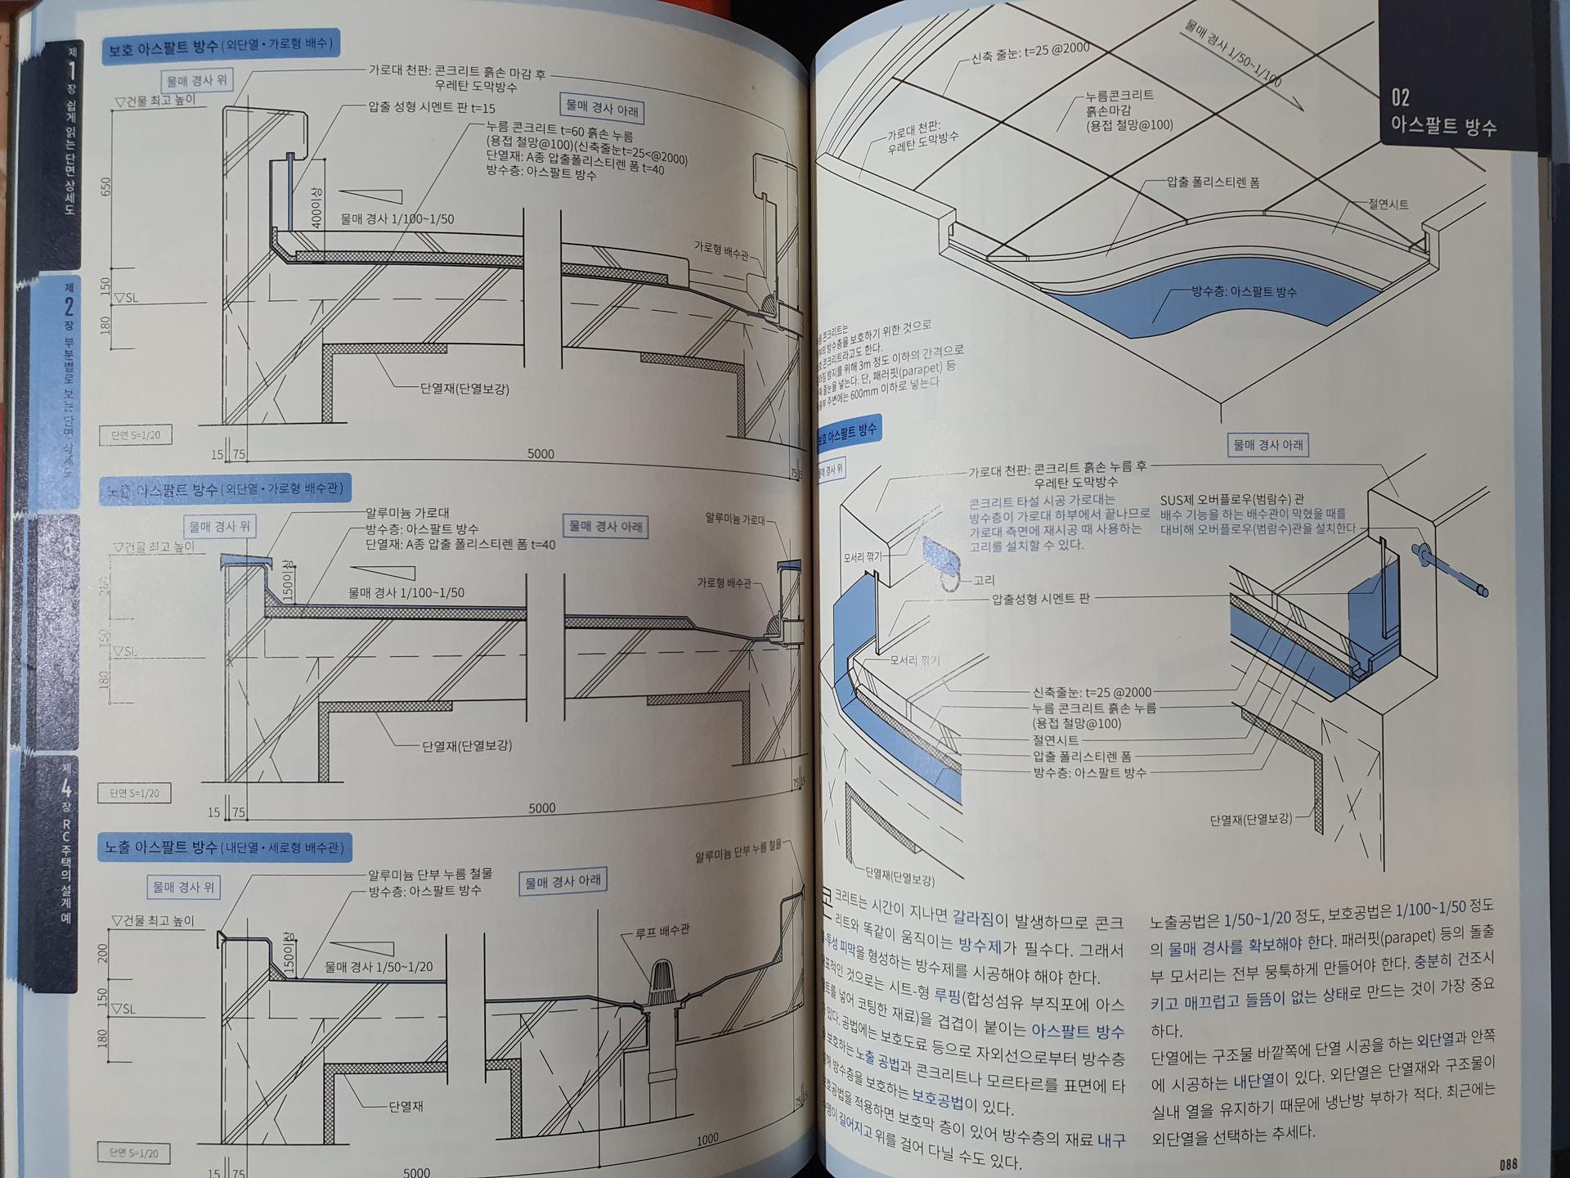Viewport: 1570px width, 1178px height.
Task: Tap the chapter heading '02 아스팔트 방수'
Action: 1443,112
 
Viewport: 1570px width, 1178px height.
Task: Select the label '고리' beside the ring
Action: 984,580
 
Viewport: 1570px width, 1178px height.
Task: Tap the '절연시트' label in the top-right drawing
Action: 1388,205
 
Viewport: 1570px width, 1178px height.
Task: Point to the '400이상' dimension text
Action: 317,206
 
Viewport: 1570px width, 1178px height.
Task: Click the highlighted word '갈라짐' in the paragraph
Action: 980,921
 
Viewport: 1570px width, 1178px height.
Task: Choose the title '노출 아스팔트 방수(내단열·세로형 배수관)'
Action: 225,847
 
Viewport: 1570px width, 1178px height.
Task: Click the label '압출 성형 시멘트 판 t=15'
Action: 431,107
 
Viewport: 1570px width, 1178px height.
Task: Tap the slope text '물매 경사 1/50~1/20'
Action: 379,967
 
